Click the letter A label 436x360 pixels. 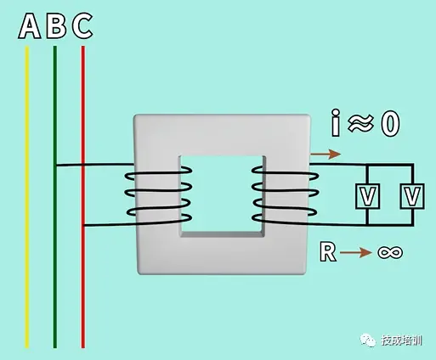point(30,26)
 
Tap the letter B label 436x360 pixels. point(56,26)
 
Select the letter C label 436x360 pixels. point(82,26)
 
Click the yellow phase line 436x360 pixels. point(27,197)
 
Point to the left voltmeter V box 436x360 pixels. point(368,196)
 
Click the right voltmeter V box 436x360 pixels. point(412,196)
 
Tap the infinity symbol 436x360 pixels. point(390,252)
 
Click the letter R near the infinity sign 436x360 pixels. point(328,251)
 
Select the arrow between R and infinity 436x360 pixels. point(355,252)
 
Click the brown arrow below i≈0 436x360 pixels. point(326,154)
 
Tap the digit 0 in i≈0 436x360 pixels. point(390,124)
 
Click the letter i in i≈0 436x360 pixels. point(336,122)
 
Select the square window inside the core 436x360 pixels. point(223,196)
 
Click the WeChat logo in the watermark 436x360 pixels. point(367,340)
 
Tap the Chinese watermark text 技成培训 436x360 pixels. point(401,340)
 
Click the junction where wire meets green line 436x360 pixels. point(55,165)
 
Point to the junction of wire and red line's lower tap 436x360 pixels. point(83,226)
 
